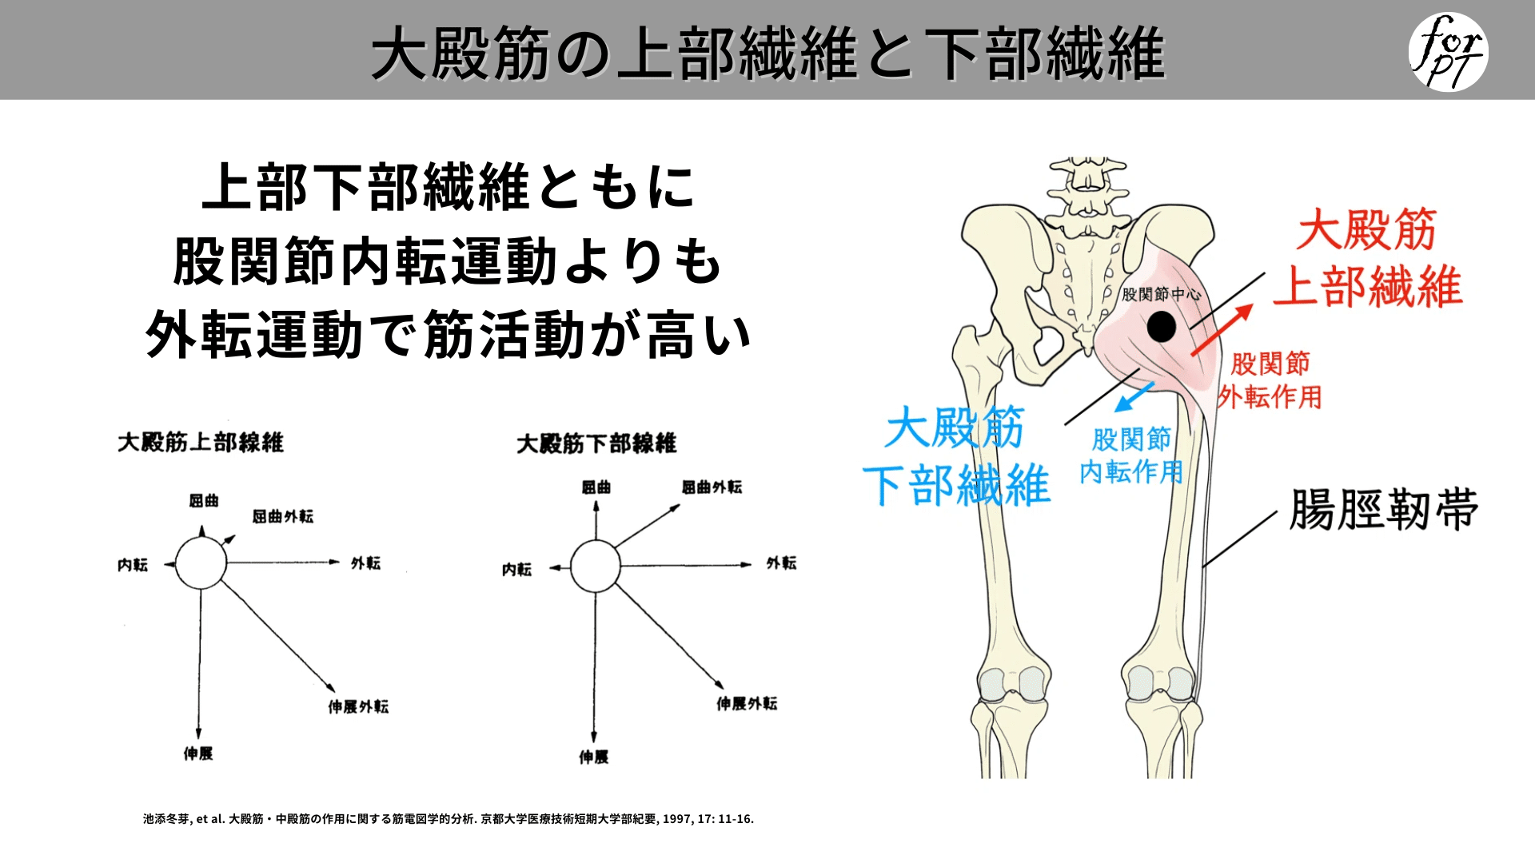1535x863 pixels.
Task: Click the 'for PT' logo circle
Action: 1448,51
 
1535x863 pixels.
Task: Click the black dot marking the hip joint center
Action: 1161,326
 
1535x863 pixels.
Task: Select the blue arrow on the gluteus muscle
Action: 1134,396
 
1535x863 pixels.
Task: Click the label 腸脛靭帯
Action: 1383,510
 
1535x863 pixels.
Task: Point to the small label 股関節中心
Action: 1161,294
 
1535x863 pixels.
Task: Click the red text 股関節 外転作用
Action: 1270,380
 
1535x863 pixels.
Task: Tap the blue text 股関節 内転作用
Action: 1131,455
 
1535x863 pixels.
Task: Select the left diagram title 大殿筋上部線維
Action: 201,442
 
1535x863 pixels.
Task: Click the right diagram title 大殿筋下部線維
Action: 596,443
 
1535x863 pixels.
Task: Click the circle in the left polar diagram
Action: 201,563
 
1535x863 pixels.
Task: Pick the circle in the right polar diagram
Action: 596,566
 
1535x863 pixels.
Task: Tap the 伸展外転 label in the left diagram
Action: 358,706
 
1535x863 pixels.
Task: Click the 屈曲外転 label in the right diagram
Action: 712,487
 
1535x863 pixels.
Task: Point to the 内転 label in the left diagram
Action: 133,565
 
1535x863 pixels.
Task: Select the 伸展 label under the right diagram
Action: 594,757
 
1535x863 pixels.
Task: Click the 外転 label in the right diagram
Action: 781,563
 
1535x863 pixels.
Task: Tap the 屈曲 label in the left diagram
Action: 204,501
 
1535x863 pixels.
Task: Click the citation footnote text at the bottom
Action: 449,819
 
